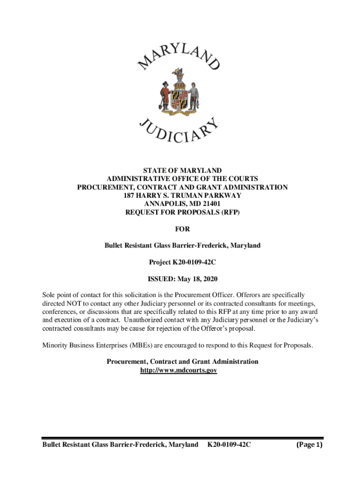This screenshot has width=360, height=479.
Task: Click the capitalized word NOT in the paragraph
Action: (76, 304)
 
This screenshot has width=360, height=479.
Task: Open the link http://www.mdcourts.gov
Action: (179, 370)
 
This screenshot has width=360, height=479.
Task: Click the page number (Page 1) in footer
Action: (310, 444)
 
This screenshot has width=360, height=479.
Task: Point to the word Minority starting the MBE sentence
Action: (55, 345)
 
